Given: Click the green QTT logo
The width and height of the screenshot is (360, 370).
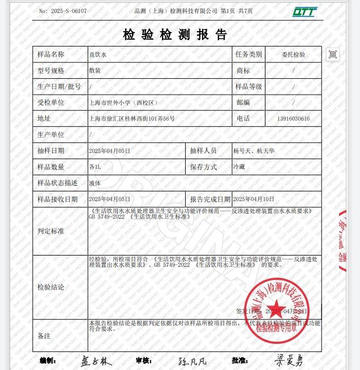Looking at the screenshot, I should coord(305,12).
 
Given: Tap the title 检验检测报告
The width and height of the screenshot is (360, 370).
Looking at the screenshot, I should coord(175,35).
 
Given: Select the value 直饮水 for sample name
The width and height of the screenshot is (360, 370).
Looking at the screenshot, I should coord(98,55).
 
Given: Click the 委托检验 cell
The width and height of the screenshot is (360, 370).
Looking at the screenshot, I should coord(293,55).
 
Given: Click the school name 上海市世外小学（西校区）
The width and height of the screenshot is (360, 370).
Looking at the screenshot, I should coord(123,103).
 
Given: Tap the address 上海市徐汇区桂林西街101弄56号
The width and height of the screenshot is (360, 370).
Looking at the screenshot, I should coord(132,119).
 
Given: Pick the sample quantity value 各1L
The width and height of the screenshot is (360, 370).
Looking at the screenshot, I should coord(95,167).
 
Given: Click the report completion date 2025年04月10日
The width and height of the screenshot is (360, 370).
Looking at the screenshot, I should coord(254,199).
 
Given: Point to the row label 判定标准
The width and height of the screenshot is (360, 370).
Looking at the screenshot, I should coord(51,231).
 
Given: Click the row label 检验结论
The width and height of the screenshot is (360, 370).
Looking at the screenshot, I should coord(51,287).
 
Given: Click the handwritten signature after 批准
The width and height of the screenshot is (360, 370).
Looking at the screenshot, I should coord(289,360).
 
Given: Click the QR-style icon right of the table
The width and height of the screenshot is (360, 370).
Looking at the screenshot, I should coord(333,54).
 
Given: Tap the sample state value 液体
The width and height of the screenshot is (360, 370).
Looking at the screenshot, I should coord(95,183).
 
